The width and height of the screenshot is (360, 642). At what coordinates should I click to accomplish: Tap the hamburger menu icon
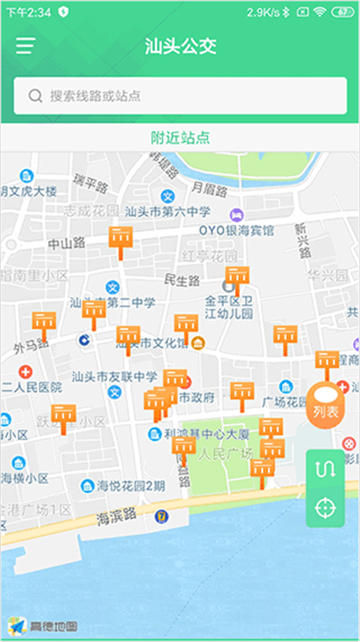click(x=25, y=46)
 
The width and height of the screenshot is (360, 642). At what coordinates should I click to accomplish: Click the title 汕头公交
click(x=180, y=46)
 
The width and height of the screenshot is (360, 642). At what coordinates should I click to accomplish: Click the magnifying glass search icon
click(x=36, y=95)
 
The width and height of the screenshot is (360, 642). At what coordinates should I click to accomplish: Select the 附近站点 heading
click(x=180, y=137)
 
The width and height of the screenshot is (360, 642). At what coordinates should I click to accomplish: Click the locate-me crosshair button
click(x=325, y=507)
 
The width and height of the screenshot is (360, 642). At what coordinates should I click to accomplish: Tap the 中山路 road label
click(x=66, y=243)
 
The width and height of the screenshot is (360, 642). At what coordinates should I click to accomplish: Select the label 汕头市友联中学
click(x=113, y=376)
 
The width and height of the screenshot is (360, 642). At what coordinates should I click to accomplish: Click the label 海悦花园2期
click(x=130, y=486)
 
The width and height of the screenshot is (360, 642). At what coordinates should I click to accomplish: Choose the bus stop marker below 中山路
click(x=120, y=238)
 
